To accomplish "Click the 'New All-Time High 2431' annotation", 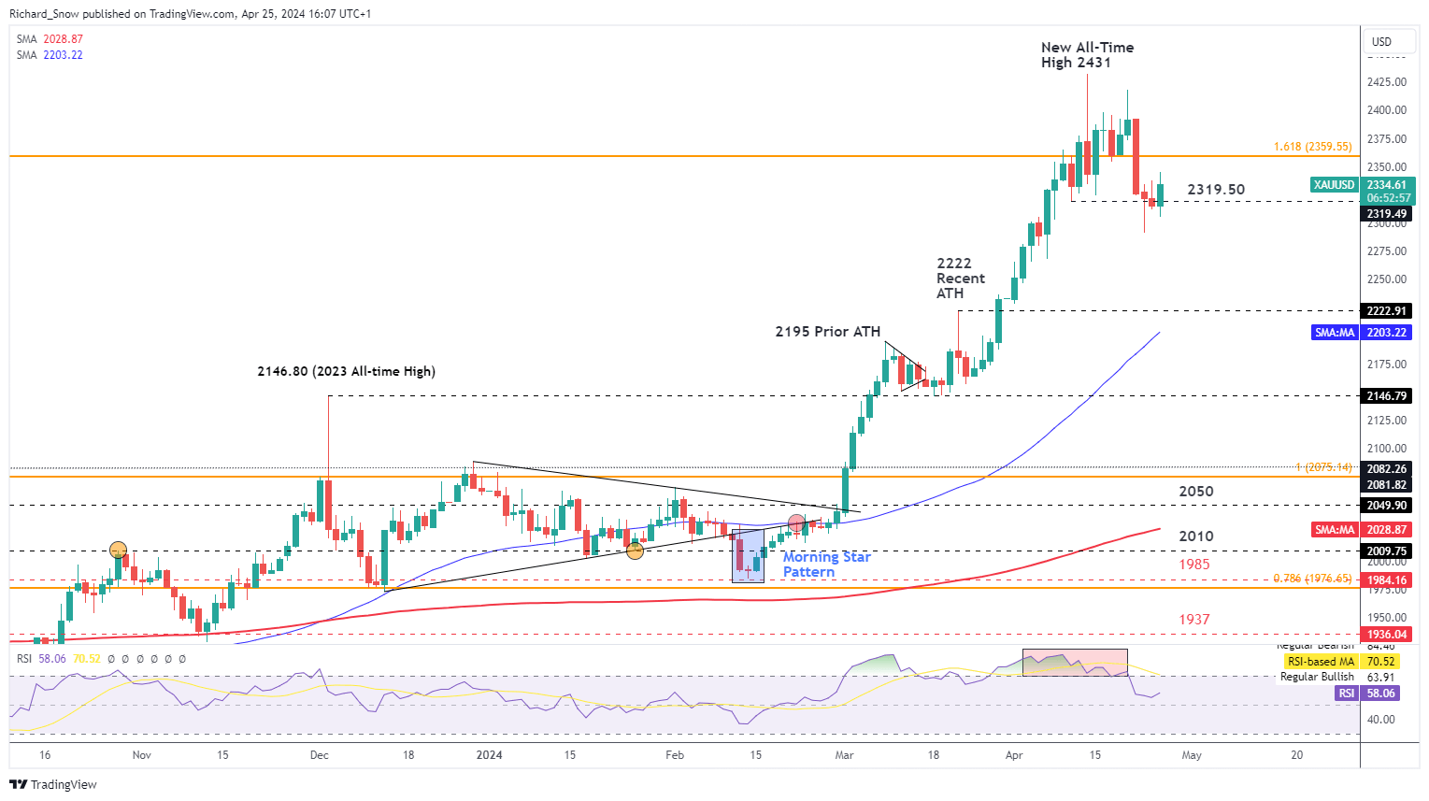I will point(1086,55).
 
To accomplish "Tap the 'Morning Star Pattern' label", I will point(826,565).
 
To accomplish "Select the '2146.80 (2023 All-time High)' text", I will point(346,372).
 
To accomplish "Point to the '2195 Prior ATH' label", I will point(827,332).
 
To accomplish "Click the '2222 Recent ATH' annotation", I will point(960,279).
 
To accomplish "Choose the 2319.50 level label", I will point(1215,190).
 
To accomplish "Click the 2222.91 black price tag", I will point(1387,311).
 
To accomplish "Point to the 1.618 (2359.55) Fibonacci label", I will point(1312,147).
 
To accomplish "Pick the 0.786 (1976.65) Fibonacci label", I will point(1312,579).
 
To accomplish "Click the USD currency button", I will point(1381,42).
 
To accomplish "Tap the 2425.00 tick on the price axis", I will point(1387,82).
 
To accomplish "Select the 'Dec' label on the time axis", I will point(320,755).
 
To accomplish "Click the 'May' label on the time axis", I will point(1192,755).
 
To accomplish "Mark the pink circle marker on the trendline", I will point(796,523).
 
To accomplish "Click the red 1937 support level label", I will point(1193,620).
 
